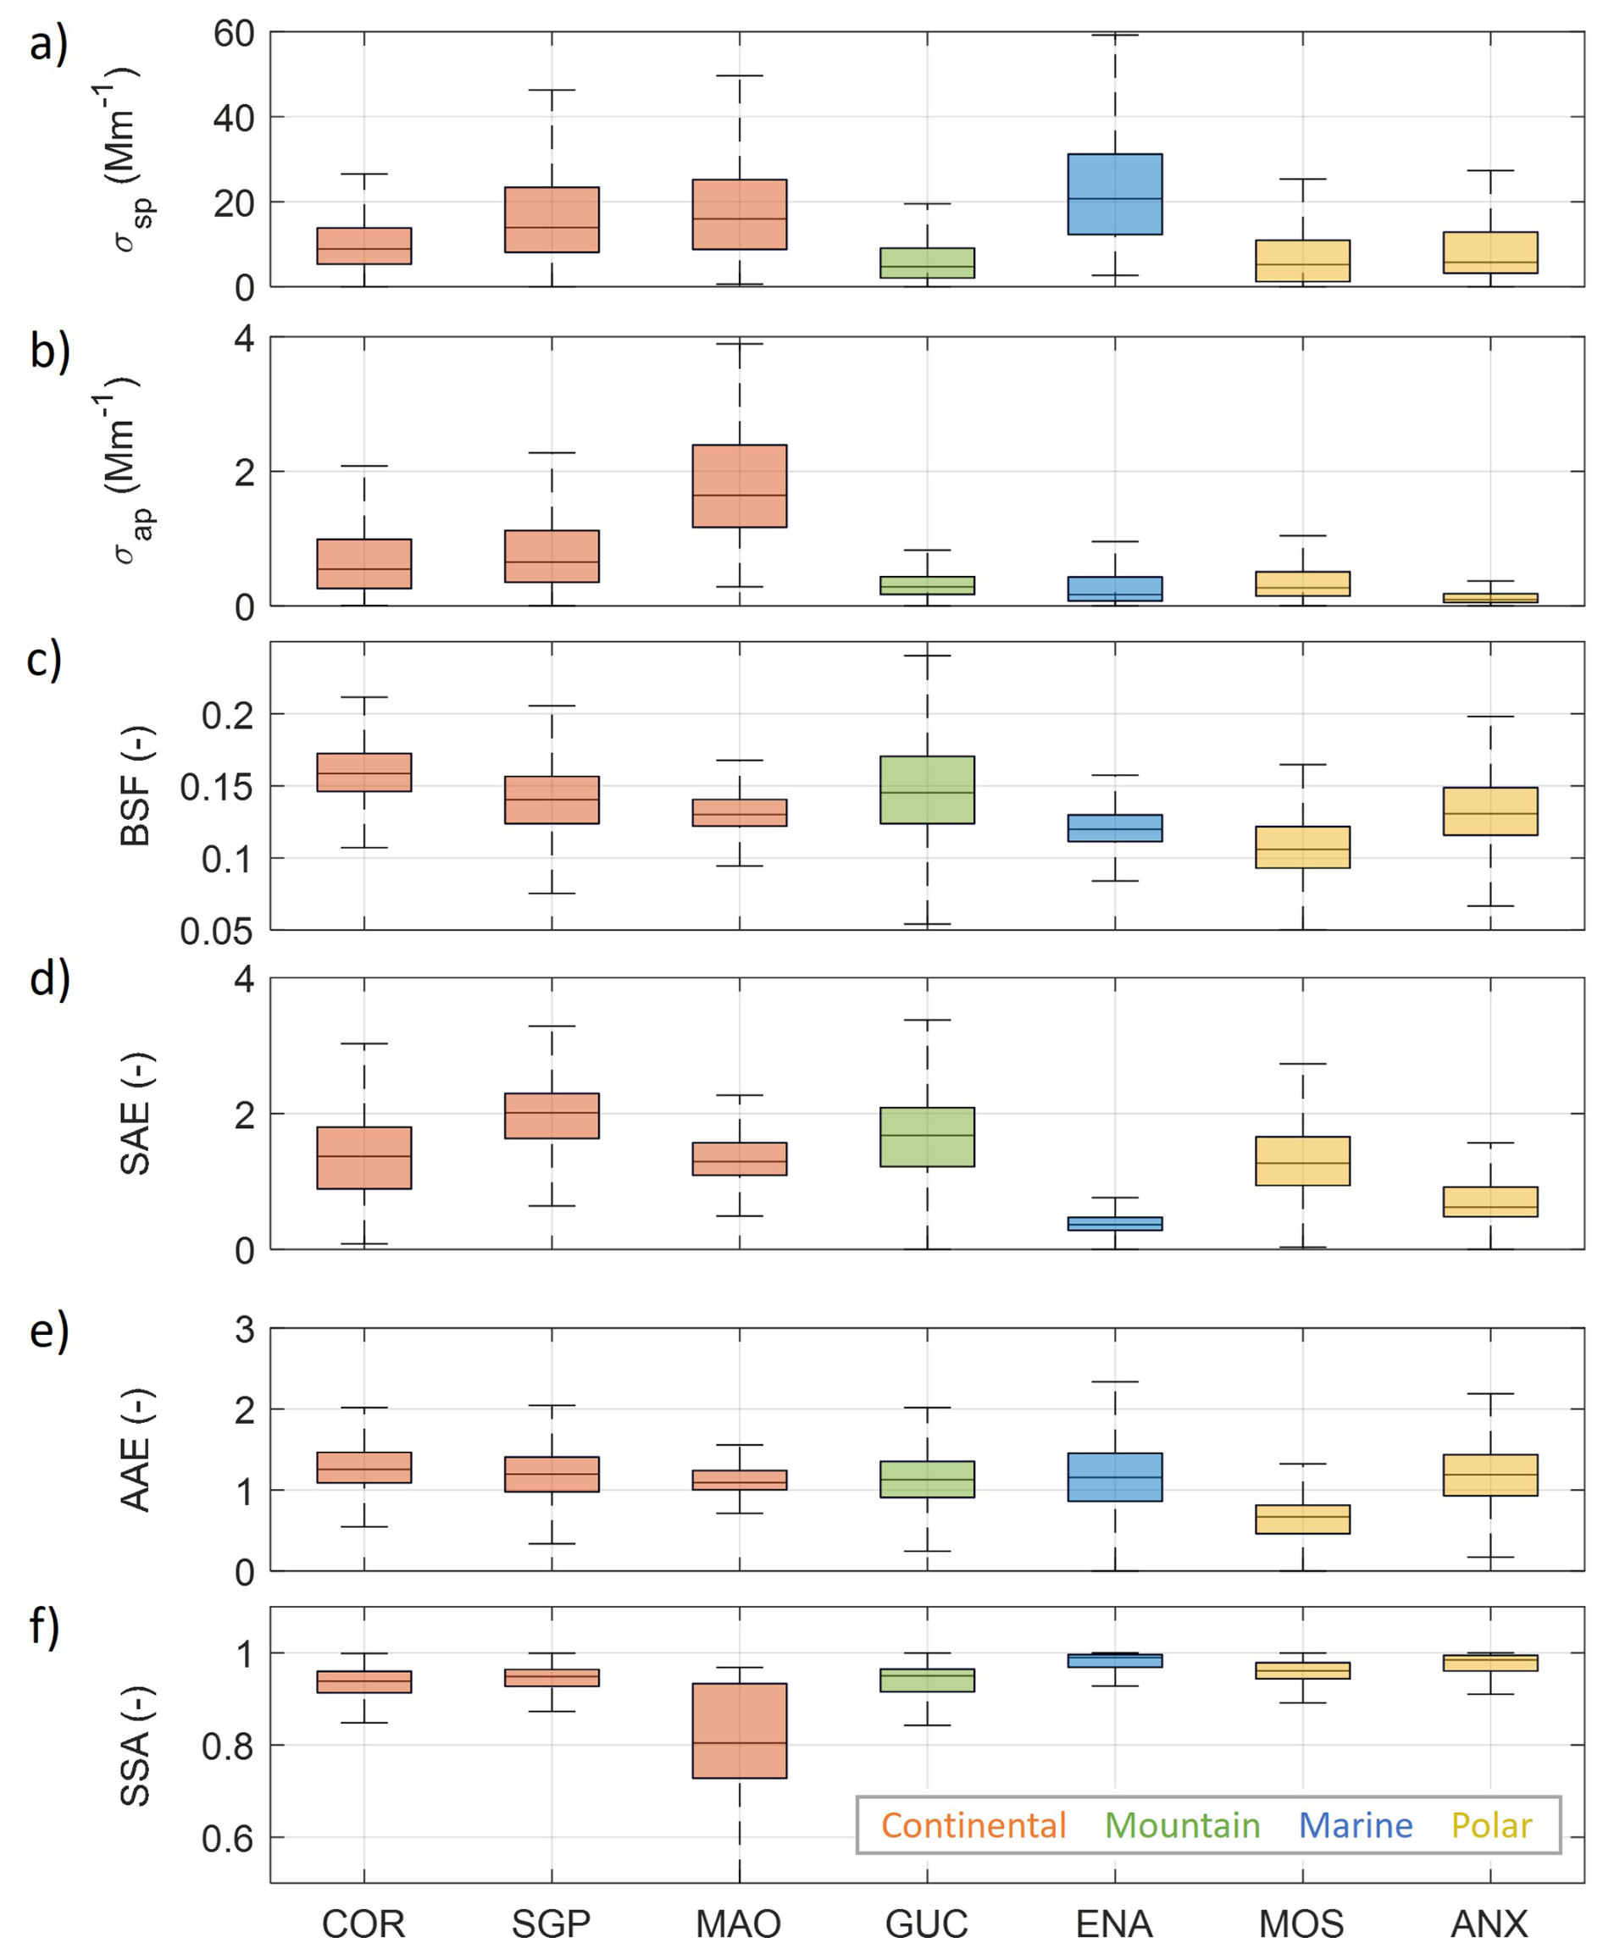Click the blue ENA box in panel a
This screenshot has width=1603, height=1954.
pyautogui.click(x=1114, y=194)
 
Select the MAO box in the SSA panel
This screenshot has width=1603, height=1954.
pyautogui.click(x=740, y=1730)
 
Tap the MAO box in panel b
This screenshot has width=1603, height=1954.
pyautogui.click(x=740, y=485)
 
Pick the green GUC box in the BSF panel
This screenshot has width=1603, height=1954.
pyautogui.click(x=927, y=789)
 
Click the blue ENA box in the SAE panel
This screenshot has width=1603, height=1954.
pyautogui.click(x=1114, y=1223)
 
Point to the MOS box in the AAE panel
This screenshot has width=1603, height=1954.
pyautogui.click(x=1303, y=1519)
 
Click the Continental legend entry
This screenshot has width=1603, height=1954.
pyautogui.click(x=973, y=1824)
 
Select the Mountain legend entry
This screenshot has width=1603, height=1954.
pyautogui.click(x=1182, y=1824)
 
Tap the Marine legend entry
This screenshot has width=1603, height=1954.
pyautogui.click(x=1355, y=1824)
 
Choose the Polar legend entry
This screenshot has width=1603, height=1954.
pyautogui.click(x=1491, y=1824)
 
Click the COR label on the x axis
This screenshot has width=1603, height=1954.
pyautogui.click(x=363, y=1924)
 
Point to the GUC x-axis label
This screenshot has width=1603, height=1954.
pyautogui.click(x=926, y=1924)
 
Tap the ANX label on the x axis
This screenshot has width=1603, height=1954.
pyautogui.click(x=1489, y=1924)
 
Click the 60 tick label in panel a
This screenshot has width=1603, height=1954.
pyautogui.click(x=234, y=34)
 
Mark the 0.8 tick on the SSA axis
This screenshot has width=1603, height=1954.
pyautogui.click(x=226, y=1746)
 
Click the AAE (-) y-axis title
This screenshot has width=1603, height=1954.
pyautogui.click(x=136, y=1449)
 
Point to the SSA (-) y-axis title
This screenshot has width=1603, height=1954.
pyautogui.click(x=136, y=1745)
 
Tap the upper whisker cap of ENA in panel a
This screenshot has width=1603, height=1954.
pyautogui.click(x=1114, y=34)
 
